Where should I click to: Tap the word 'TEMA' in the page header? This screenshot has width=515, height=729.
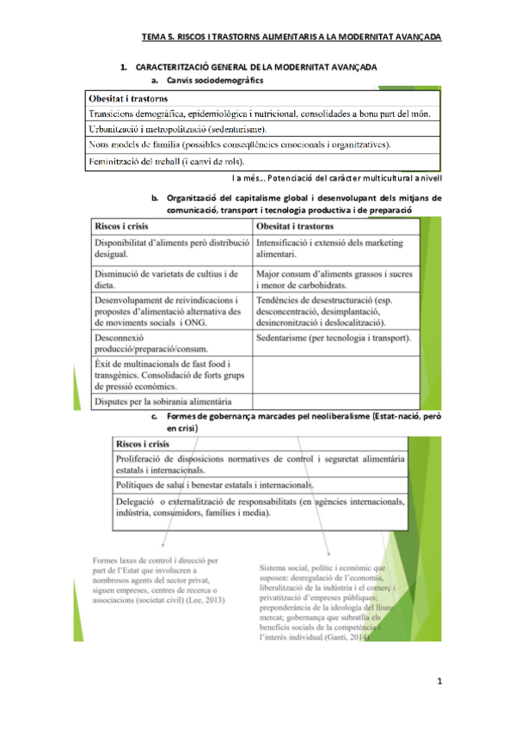pyautogui.click(x=152, y=37)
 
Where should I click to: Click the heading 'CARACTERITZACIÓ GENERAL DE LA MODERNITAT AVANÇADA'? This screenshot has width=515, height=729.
pyautogui.click(x=256, y=67)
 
